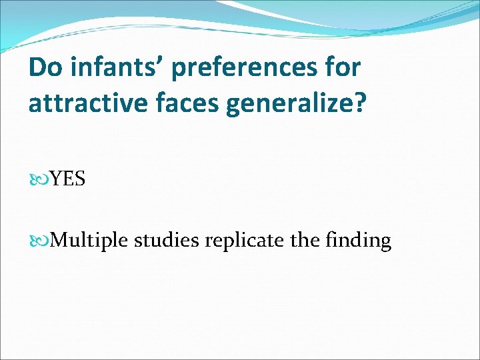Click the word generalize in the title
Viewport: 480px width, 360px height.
click(x=286, y=105)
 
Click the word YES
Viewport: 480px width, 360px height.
click(x=67, y=179)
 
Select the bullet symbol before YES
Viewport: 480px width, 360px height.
click(x=41, y=179)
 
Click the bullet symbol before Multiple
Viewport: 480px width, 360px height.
click(x=41, y=239)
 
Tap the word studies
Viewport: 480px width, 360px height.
click(x=167, y=240)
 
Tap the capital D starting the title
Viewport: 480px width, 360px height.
click(x=37, y=67)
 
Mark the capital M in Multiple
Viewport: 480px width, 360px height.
click(x=59, y=239)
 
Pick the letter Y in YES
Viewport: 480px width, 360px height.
click(x=55, y=179)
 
